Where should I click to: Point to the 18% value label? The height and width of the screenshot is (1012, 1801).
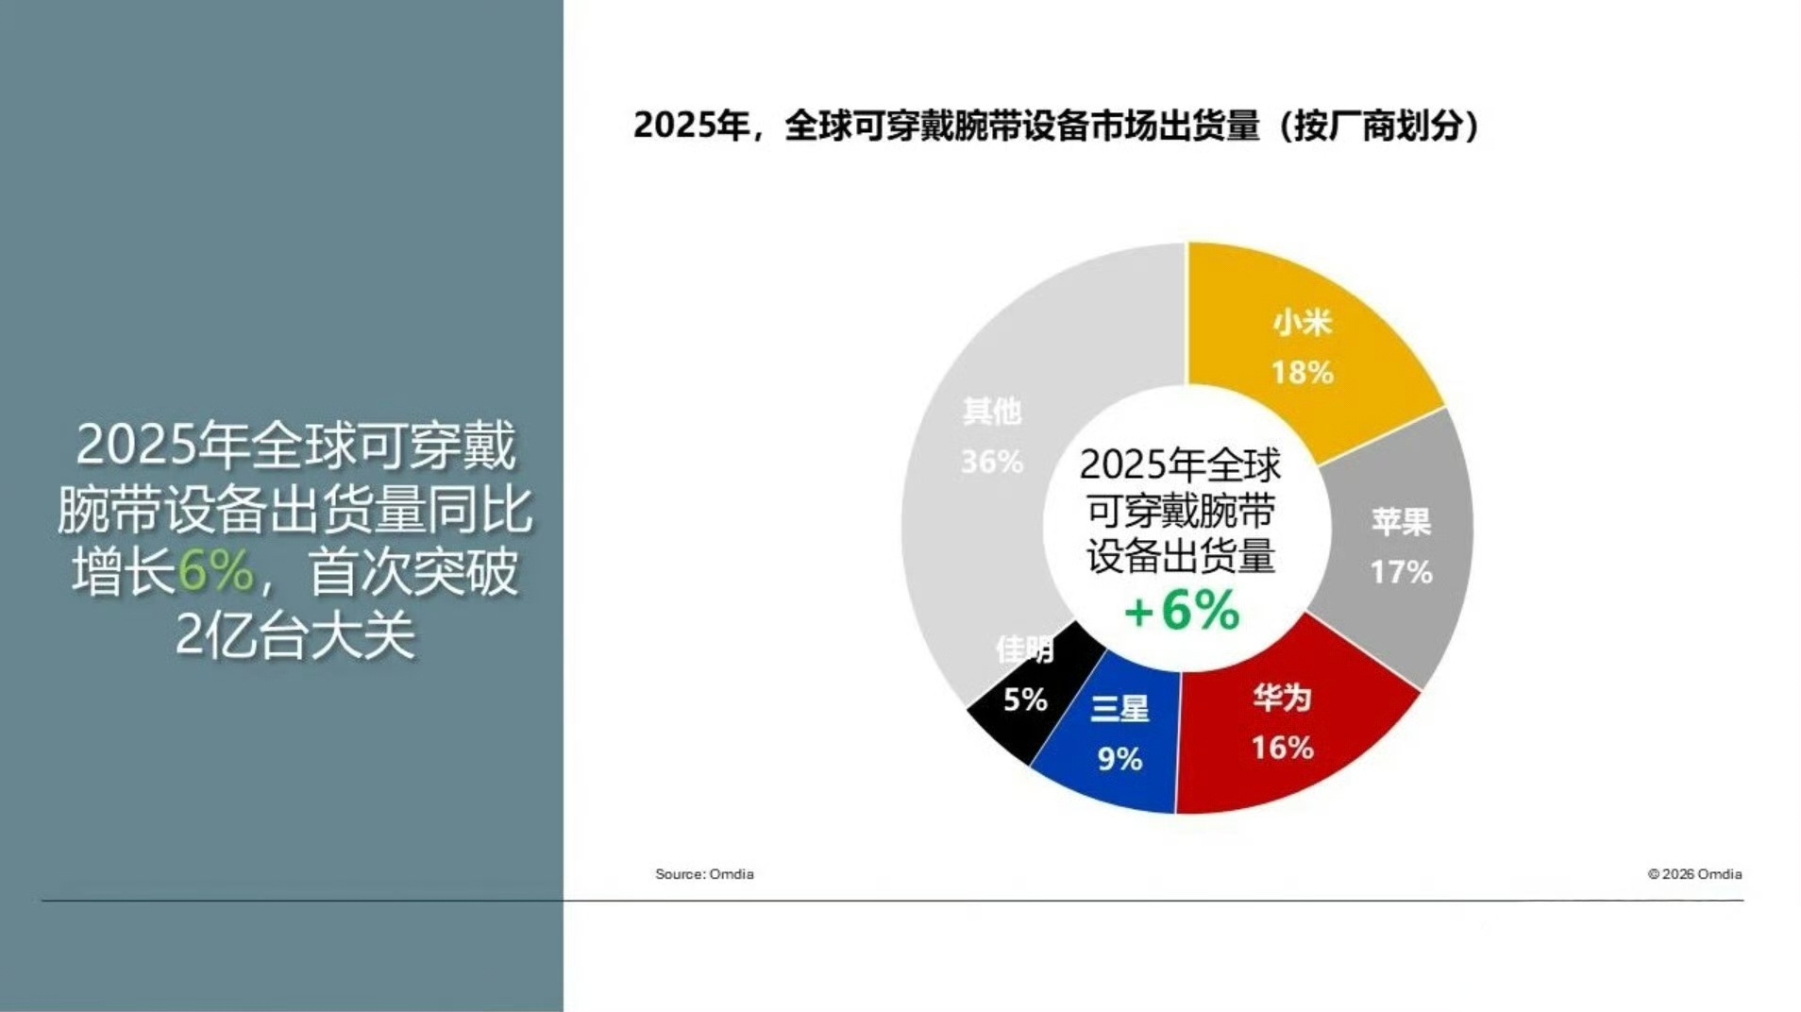[x=1302, y=372]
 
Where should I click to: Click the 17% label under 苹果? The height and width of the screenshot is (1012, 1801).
[x=1401, y=572]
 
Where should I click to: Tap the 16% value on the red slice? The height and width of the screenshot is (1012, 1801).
[x=1282, y=748]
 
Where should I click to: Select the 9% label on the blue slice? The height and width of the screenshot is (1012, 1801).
[x=1119, y=759]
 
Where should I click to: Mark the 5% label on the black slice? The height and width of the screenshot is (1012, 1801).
[x=1025, y=700]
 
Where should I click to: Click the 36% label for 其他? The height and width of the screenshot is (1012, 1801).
[x=992, y=462]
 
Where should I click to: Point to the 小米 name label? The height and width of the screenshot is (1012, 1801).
[x=1302, y=323]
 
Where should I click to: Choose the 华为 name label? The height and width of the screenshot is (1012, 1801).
[x=1282, y=698]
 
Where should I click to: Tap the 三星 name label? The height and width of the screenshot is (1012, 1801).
[x=1119, y=709]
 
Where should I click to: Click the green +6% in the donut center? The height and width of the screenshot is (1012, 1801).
[x=1182, y=610]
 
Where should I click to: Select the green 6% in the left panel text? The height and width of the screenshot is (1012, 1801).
[x=215, y=571]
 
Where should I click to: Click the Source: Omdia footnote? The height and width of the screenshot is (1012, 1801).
[x=704, y=874]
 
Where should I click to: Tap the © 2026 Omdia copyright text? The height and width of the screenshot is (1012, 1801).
[x=1694, y=874]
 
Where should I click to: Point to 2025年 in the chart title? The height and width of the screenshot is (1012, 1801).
[x=691, y=126]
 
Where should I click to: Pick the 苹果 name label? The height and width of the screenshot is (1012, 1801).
[x=1401, y=522]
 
